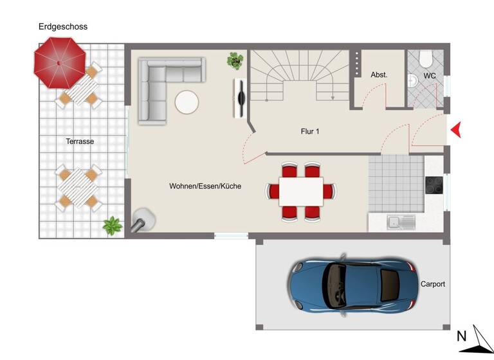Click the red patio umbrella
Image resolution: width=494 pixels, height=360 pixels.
point(59,63)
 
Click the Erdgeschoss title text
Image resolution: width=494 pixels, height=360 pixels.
point(62,27)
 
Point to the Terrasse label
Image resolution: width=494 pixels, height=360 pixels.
point(80,141)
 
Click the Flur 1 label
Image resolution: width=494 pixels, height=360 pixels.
point(310,131)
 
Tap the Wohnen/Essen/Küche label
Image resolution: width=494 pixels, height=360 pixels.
point(205,186)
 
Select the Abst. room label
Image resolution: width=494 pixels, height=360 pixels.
point(379,75)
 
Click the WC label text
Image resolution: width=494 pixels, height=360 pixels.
point(430,76)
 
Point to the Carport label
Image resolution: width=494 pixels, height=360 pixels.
point(433,283)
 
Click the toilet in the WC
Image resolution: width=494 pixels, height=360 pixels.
point(425,59)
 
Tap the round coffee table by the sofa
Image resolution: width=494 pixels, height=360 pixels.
point(188,102)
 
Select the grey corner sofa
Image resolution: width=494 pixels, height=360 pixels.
point(161,84)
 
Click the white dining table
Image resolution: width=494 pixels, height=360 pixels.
point(301,191)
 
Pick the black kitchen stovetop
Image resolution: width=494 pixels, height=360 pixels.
point(434,184)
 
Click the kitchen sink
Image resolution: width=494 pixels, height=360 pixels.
point(401,222)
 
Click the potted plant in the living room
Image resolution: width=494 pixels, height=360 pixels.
point(235,61)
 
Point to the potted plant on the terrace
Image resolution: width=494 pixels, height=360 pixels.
point(113,225)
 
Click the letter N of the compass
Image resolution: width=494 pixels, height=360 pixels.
point(461,336)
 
